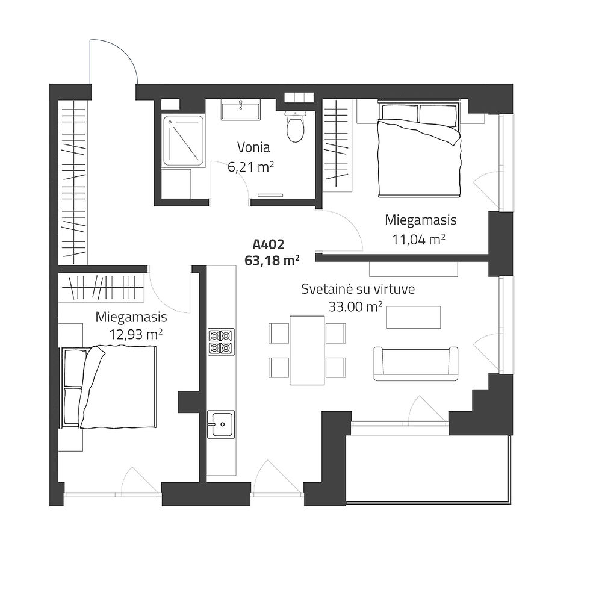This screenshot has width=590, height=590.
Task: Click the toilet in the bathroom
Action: (x=295, y=126)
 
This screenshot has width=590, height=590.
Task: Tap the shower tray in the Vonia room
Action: (x=184, y=141)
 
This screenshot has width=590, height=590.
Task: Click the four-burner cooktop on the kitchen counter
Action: (x=222, y=342)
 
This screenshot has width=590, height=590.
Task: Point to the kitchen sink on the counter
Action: (x=221, y=424)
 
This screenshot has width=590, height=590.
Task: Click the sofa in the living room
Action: (x=416, y=364)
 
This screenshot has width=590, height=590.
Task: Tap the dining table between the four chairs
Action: (x=307, y=350)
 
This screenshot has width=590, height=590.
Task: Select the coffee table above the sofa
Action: (x=414, y=317)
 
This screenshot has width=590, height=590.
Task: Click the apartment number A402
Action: (x=269, y=244)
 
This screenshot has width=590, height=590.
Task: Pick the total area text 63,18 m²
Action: (x=272, y=260)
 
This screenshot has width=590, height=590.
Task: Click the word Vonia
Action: (x=253, y=147)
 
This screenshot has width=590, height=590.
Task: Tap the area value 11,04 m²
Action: (x=419, y=239)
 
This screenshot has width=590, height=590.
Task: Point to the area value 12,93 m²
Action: (x=136, y=334)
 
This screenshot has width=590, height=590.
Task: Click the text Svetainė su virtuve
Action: (x=358, y=289)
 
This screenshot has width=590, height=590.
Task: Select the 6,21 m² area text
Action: (x=250, y=166)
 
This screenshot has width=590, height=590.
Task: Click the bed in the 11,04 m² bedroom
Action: (x=419, y=149)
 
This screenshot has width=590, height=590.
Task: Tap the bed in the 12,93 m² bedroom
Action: (x=108, y=387)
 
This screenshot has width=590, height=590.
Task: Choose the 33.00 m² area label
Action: (x=356, y=306)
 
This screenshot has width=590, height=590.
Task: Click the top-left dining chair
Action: (x=279, y=333)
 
